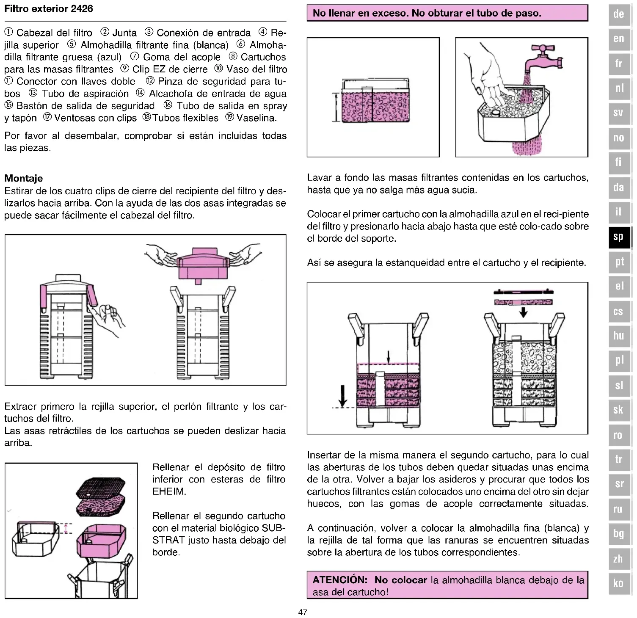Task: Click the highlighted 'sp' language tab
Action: coord(618,237)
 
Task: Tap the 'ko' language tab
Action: coord(618,583)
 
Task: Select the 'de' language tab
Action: coord(618,14)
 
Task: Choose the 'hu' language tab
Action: coord(618,336)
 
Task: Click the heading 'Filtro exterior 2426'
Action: coord(49,8)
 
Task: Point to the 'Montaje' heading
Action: coord(24,178)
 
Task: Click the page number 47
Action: coord(303,612)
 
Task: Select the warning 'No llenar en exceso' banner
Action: coord(447,13)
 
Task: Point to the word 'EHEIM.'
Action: coord(169,491)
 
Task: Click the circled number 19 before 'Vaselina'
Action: coord(230,117)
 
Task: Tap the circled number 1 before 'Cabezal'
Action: coord(9,32)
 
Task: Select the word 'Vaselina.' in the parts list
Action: coord(256,118)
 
